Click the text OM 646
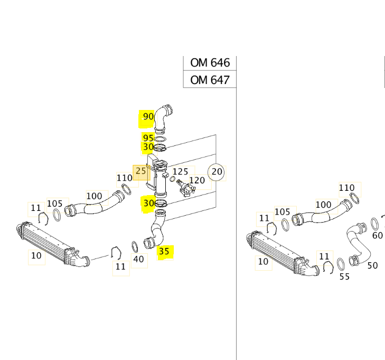pyautogui.click(x=210, y=63)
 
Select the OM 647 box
pyautogui.click(x=210, y=80)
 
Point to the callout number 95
pyautogui.click(x=148, y=138)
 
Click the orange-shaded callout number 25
pyautogui.click(x=140, y=171)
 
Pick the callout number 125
pyautogui.click(x=180, y=171)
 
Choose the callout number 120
pyautogui.click(x=196, y=180)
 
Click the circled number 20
pyautogui.click(x=217, y=171)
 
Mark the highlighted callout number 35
pyautogui.click(x=164, y=252)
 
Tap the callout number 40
pyautogui.click(x=138, y=259)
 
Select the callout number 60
pyautogui.click(x=377, y=235)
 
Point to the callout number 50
pyautogui.click(x=372, y=265)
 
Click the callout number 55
pyautogui.click(x=344, y=276)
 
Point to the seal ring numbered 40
pyautogui.click(x=135, y=246)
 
